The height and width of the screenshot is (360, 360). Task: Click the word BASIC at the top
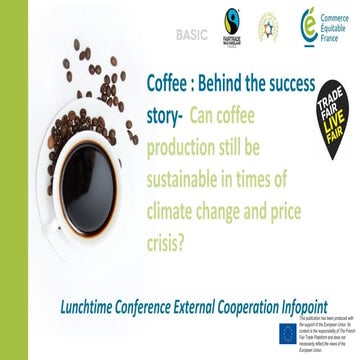[192, 34]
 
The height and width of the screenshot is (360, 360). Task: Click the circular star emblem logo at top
[269, 24]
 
